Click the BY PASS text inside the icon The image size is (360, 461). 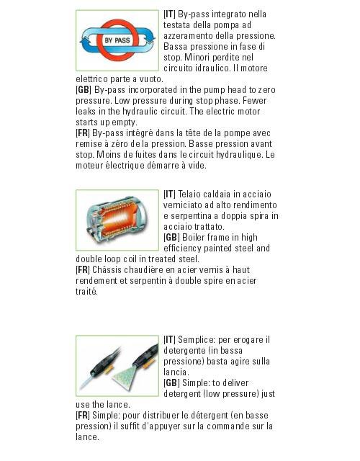pos(117,40)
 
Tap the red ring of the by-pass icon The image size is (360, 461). pos(117,22)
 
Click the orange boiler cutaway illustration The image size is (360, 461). pos(117,219)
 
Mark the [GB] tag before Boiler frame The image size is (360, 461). pos(171,237)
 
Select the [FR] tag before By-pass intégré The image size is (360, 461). pos(83,133)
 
